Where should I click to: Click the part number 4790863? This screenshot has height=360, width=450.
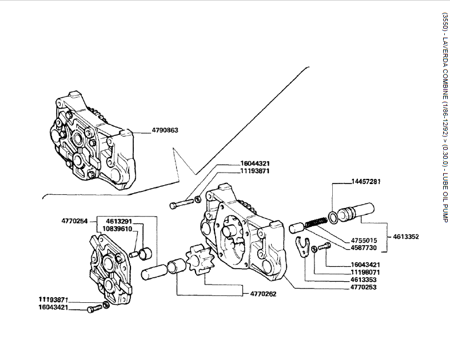pyautogui.click(x=165, y=130)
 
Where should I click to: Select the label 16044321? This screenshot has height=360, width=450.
pyautogui.click(x=255, y=163)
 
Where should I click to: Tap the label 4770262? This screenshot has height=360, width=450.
pyautogui.click(x=265, y=294)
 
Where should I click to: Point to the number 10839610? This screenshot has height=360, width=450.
pyautogui.click(x=117, y=229)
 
